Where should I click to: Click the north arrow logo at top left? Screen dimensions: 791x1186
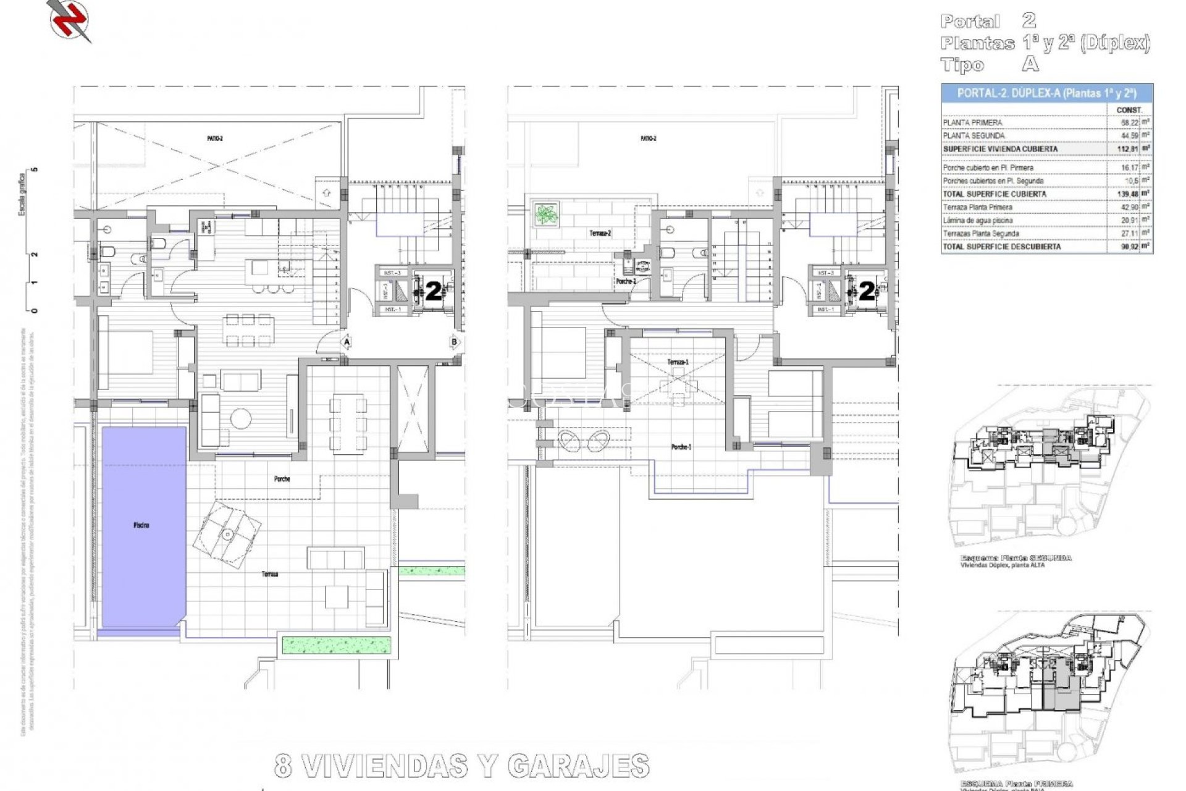[69, 20]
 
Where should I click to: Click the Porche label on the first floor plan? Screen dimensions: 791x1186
[282, 479]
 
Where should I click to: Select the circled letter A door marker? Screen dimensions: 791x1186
[347, 342]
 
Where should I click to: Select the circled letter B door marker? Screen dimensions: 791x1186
[454, 342]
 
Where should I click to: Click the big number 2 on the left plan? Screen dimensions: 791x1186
[434, 291]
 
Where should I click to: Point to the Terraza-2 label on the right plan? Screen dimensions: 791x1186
[600, 234]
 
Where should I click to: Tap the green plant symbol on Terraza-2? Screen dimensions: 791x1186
[545, 214]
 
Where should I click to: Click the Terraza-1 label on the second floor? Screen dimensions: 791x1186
[678, 362]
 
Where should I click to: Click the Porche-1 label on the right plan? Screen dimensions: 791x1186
[681, 447]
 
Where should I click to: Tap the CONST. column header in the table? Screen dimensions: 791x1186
[1129, 110]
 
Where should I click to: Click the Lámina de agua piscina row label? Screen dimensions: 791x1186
[977, 221]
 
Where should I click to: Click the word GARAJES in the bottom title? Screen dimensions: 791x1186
[578, 767]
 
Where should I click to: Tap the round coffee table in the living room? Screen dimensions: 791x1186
[240, 419]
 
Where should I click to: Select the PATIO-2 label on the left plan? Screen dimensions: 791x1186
[215, 138]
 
